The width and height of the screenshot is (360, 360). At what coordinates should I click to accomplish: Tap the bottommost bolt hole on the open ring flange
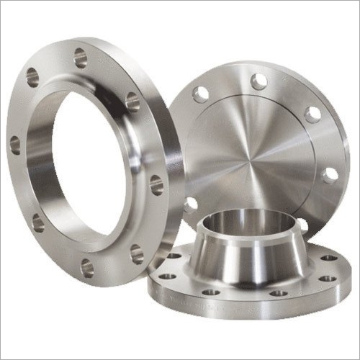[x=86, y=268]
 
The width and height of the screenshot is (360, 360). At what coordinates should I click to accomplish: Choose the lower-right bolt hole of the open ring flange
[x=135, y=251]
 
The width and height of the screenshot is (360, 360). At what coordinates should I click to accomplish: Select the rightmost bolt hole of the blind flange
[x=330, y=175]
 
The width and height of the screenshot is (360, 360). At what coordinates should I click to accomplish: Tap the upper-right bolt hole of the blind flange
[x=312, y=114]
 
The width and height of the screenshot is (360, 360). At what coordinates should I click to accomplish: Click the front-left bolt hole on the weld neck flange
[x=210, y=292]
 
